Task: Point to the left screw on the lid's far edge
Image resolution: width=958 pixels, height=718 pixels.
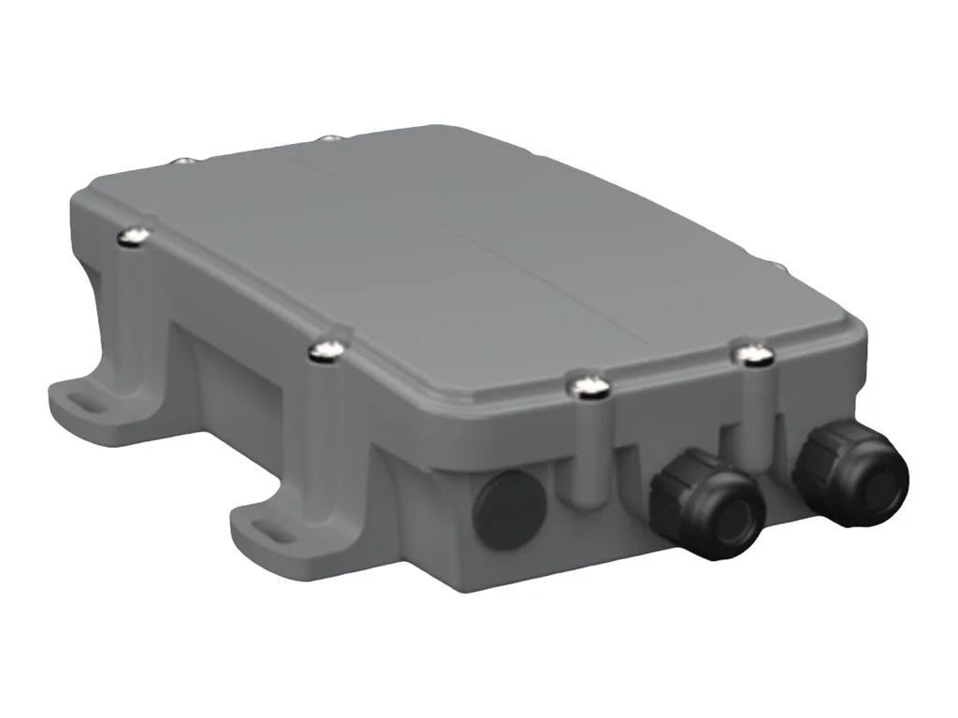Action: pos(184,163)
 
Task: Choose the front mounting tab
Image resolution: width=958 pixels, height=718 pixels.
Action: pos(271,524)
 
